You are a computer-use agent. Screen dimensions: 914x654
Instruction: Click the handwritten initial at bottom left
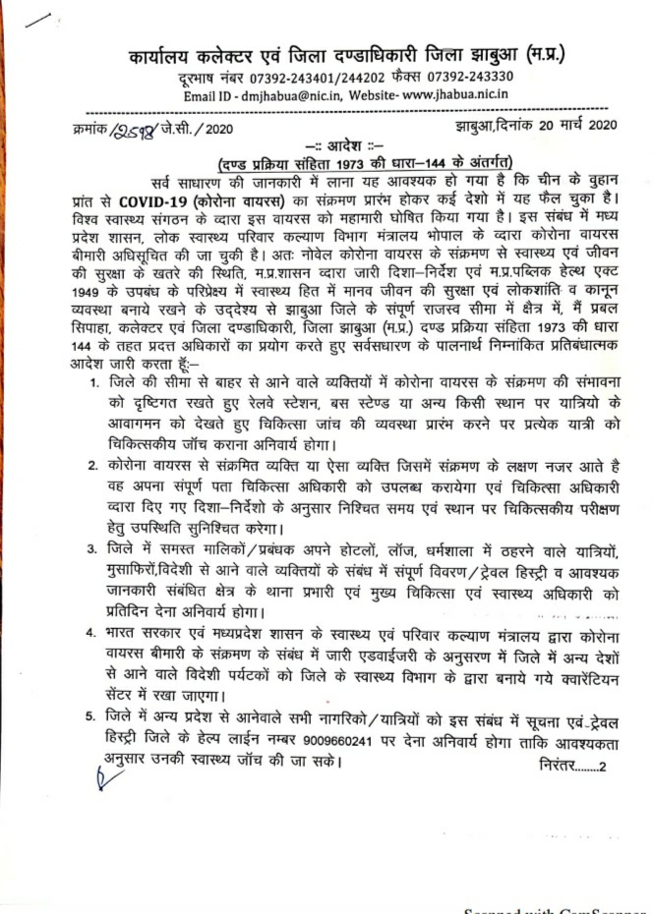tap(98, 780)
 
